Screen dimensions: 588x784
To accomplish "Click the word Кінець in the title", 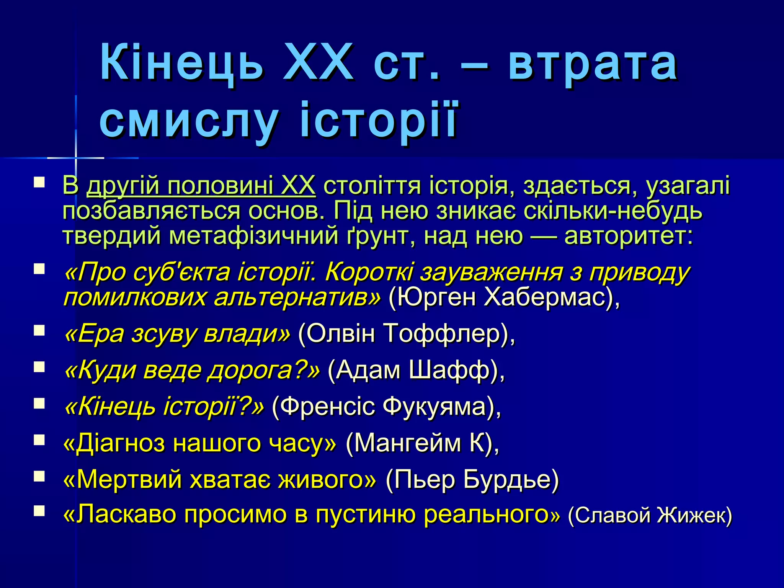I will [x=182, y=62].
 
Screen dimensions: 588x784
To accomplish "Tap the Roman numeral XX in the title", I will [x=318, y=62].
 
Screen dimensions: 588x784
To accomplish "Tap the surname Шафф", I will [x=450, y=370].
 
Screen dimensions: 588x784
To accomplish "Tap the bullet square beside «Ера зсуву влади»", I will [x=39, y=330].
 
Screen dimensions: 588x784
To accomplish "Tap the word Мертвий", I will [x=130, y=479].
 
